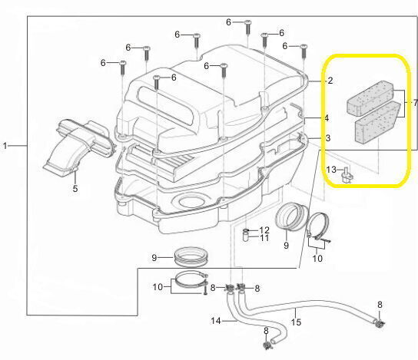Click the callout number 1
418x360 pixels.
[x=5, y=146]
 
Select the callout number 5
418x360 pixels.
[x=75, y=188]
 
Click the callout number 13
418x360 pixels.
[x=331, y=169]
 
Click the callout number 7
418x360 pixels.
[x=415, y=103]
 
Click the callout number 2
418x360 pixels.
[x=330, y=81]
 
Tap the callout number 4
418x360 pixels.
[x=327, y=118]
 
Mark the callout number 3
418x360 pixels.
[x=327, y=138]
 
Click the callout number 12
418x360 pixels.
[x=264, y=230]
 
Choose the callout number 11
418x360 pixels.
[x=264, y=238]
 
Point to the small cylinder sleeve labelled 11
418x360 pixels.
[x=246, y=236]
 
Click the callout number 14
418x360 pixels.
[x=216, y=321]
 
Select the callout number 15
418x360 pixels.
[x=296, y=322]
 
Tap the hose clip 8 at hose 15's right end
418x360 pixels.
[x=380, y=323]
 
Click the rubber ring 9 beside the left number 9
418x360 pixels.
[x=191, y=256]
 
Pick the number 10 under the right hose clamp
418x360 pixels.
[x=317, y=258]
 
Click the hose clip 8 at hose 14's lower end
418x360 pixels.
[x=267, y=345]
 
